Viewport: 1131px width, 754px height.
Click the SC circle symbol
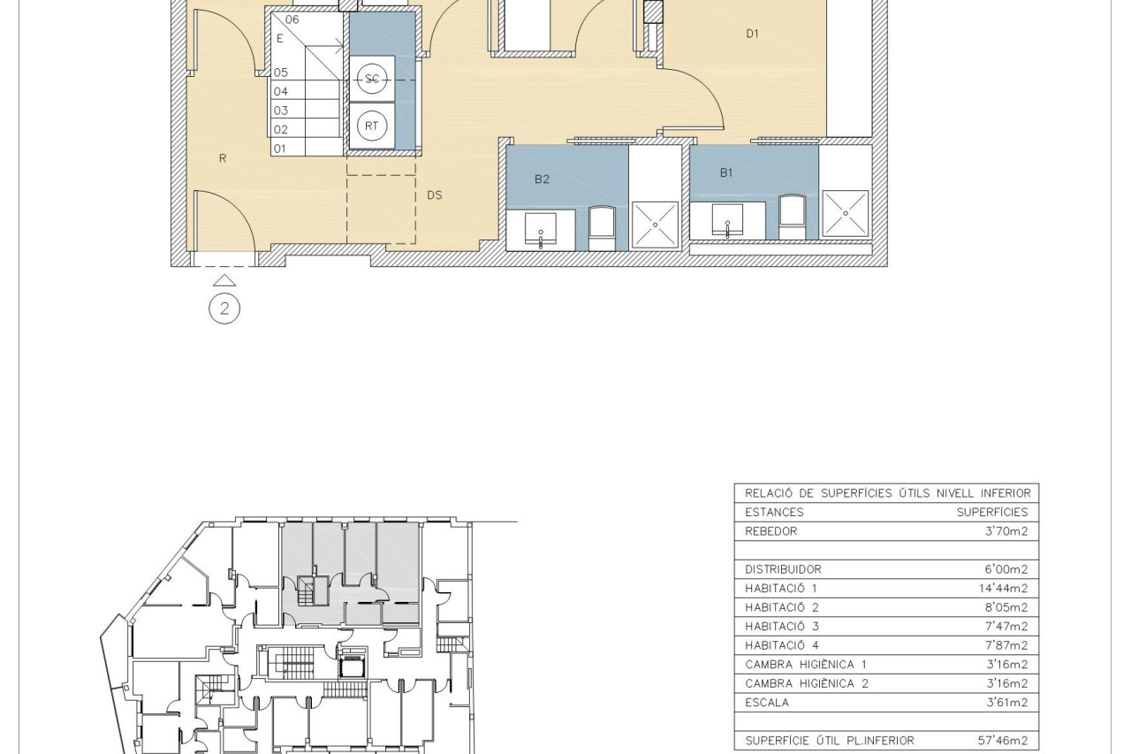pyautogui.click(x=372, y=79)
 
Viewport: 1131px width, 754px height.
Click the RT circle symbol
pyautogui.click(x=372, y=126)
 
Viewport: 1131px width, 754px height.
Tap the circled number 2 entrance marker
pyautogui.click(x=224, y=308)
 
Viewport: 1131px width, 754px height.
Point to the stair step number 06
pyautogui.click(x=292, y=19)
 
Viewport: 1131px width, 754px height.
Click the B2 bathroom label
pyautogui.click(x=542, y=179)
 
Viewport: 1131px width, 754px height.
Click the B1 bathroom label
pyautogui.click(x=726, y=173)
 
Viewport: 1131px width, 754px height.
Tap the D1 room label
pyautogui.click(x=752, y=34)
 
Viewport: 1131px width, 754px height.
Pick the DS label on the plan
pyautogui.click(x=434, y=195)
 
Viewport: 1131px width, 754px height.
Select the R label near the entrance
pyautogui.click(x=223, y=158)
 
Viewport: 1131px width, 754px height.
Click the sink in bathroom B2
pyautogui.click(x=541, y=231)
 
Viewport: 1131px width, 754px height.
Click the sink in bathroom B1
pyautogui.click(x=727, y=221)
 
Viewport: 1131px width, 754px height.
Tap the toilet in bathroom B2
pyautogui.click(x=602, y=228)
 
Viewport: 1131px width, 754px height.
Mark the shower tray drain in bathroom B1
pyautogui.click(x=846, y=214)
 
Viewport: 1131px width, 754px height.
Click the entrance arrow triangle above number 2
pyautogui.click(x=224, y=281)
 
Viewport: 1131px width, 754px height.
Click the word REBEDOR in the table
pyautogui.click(x=771, y=531)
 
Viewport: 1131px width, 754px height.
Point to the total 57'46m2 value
pyautogui.click(x=1002, y=741)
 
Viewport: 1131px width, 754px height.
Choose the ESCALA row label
pyautogui.click(x=766, y=703)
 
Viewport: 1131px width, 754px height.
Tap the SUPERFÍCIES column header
pyautogui.click(x=992, y=512)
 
